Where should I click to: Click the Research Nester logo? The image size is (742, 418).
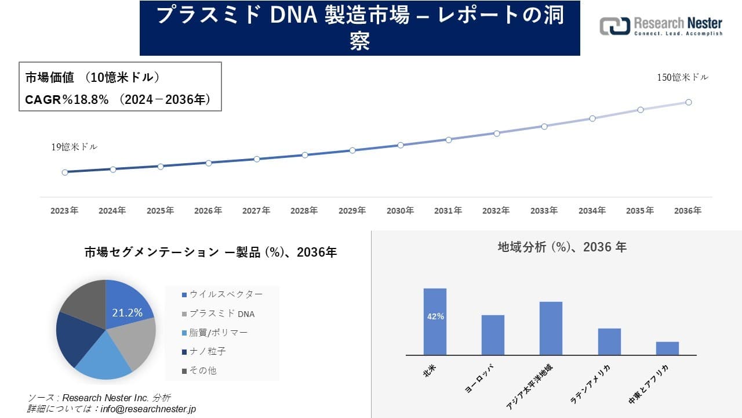(x=661, y=27)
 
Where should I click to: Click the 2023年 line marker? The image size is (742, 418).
(x=64, y=172)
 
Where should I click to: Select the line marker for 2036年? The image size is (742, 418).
(x=689, y=102)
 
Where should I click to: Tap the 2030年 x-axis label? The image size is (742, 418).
(x=400, y=211)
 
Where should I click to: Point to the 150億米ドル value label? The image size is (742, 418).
(x=682, y=77)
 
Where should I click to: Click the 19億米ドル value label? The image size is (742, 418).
(x=74, y=147)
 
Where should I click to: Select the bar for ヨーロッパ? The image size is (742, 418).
(x=493, y=335)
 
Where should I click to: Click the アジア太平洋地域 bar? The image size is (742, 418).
(x=551, y=328)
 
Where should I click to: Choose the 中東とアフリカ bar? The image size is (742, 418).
(x=667, y=348)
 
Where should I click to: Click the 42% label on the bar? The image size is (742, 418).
(x=435, y=316)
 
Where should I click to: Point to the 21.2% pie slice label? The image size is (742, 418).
(x=127, y=313)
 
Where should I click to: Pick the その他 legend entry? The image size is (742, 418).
(x=203, y=370)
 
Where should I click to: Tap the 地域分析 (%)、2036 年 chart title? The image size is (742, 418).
(x=562, y=247)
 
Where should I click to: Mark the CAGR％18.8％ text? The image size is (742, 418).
(x=67, y=100)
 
